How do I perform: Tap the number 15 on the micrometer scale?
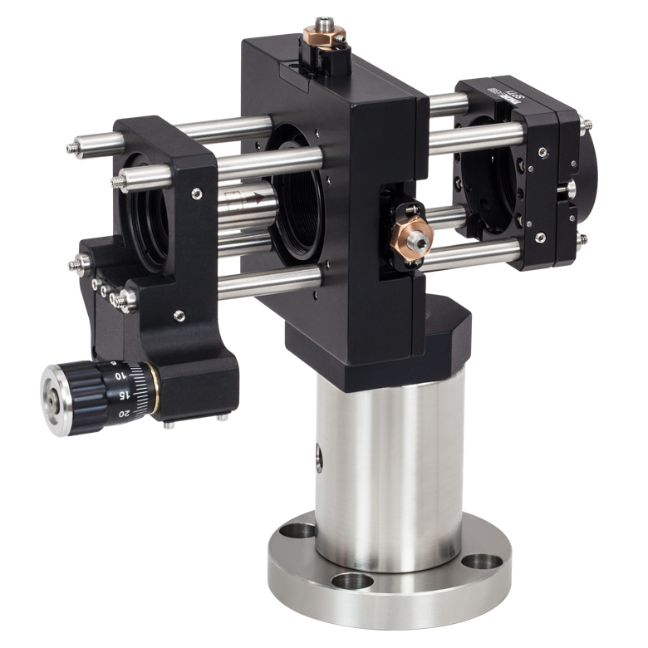click(x=122, y=395)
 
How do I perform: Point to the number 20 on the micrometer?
click(x=125, y=413)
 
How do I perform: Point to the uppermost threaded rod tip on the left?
click(x=72, y=149)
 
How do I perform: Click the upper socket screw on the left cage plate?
click(x=196, y=194)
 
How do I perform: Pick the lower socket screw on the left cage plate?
click(x=178, y=316)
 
